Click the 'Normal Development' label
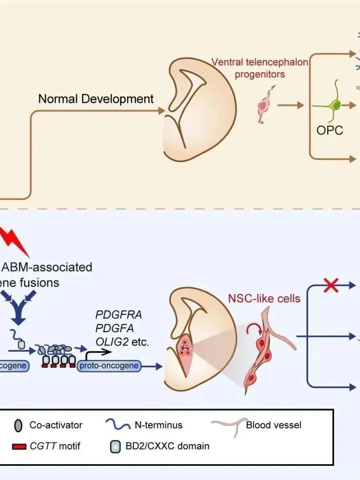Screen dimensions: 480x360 pos(96,99)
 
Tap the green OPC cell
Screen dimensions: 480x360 pos(334,105)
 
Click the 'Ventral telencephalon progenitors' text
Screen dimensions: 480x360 pos(260,68)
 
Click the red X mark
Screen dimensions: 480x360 pos(332,285)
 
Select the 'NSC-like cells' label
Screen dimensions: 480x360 pos(264,298)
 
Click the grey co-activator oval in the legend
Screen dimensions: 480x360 pos(18,425)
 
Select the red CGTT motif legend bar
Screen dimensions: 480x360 pos(18,446)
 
